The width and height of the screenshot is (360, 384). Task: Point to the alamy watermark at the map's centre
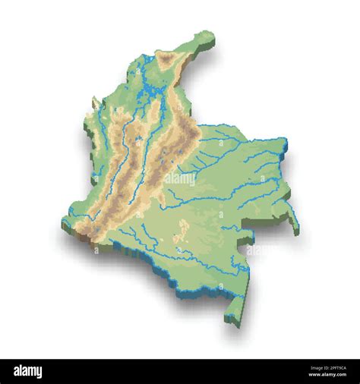click(180, 180)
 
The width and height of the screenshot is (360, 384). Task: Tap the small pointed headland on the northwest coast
click(95, 101)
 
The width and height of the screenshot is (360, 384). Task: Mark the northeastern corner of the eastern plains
click(284, 140)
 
